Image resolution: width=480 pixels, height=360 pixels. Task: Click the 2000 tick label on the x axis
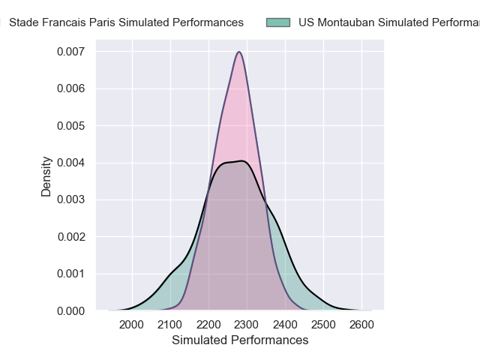point(132,324)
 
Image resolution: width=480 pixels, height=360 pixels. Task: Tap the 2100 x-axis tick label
point(170,324)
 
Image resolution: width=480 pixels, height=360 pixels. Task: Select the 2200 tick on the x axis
point(208,324)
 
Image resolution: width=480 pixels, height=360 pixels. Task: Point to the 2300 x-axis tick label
point(247,324)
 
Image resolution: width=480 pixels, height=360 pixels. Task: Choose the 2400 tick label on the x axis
point(285,324)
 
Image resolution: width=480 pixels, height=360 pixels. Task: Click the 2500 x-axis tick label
point(323,324)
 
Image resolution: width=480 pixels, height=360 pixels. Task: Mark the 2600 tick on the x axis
point(361,324)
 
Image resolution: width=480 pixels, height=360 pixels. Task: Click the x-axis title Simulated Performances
point(240,340)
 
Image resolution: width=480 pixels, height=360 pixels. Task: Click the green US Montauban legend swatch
point(277,22)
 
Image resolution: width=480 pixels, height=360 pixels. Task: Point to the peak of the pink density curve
point(238,52)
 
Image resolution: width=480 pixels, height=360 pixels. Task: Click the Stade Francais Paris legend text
point(126,22)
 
